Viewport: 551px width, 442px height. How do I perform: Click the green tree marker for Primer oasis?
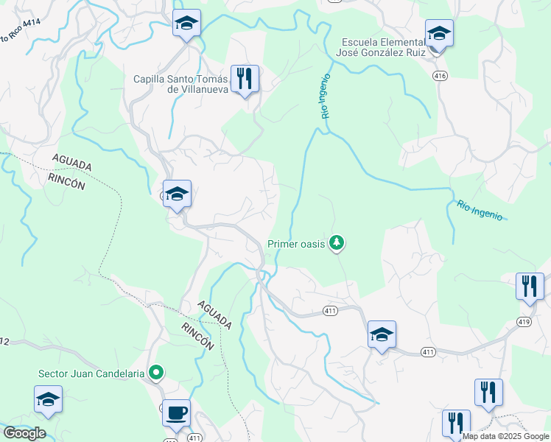tap(337, 242)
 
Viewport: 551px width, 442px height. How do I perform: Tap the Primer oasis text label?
tap(296, 244)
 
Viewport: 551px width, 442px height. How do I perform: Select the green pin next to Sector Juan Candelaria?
tap(155, 373)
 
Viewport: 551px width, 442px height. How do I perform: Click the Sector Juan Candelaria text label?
tap(91, 373)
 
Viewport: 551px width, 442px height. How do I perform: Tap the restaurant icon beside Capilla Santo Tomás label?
tap(245, 77)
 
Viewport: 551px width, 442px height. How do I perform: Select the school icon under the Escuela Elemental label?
tap(439, 33)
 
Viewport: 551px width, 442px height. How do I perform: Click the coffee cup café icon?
tap(177, 413)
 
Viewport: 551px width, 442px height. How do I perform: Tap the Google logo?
tap(24, 433)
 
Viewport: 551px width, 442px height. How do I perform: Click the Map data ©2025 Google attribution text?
tap(506, 436)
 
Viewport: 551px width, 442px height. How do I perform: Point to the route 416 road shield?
tap(441, 76)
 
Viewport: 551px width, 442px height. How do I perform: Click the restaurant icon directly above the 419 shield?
tap(530, 286)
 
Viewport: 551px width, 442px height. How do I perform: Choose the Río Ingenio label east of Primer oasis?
tap(480, 210)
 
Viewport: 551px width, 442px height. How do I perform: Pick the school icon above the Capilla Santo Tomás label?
tap(186, 24)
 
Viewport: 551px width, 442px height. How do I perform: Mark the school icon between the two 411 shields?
tap(382, 334)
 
